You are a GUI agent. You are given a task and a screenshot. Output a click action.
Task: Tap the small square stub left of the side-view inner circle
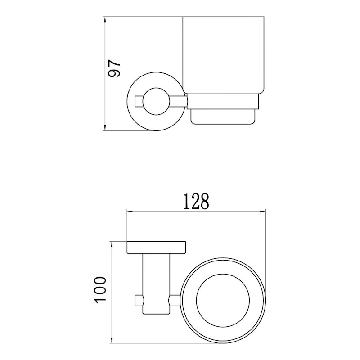point(139,100)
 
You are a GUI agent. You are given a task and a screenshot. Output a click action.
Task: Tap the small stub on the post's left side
point(139,300)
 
